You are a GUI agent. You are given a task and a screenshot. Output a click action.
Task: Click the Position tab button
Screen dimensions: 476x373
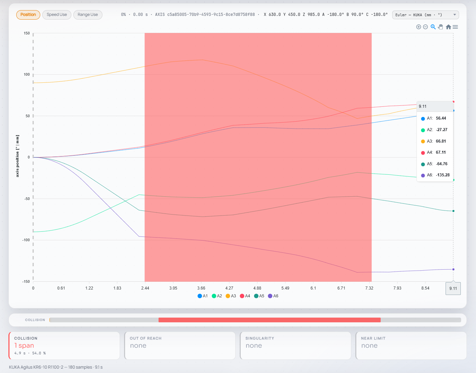(x=28, y=15)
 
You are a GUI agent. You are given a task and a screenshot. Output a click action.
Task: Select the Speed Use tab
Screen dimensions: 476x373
(x=57, y=15)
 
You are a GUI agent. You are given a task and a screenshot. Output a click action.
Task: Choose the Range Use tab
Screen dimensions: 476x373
(x=88, y=15)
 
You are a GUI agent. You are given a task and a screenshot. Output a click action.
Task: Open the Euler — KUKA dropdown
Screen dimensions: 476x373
(x=425, y=15)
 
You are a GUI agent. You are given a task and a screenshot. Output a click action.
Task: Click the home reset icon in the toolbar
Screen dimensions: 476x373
(x=448, y=27)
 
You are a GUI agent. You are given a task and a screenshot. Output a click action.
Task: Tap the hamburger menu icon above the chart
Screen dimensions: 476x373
(x=455, y=27)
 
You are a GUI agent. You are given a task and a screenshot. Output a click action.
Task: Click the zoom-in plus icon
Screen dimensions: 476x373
(x=419, y=27)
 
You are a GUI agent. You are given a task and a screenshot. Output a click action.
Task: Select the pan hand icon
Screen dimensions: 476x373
(x=441, y=27)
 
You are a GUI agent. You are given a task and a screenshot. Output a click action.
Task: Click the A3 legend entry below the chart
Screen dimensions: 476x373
(x=231, y=296)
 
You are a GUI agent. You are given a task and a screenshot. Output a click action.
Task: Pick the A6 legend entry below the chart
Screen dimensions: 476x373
(x=273, y=296)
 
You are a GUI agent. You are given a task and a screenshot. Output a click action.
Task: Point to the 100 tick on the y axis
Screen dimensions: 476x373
(x=27, y=74)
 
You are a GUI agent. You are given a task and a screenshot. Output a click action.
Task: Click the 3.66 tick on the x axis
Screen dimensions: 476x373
(x=201, y=288)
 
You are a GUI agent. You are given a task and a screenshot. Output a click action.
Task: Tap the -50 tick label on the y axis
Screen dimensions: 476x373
(x=26, y=199)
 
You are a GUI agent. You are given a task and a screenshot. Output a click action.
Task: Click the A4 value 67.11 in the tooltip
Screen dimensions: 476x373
(x=441, y=152)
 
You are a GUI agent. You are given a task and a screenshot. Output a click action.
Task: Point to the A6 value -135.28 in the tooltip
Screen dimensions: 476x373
(x=443, y=175)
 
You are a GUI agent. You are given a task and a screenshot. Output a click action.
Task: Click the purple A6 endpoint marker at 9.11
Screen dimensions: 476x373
(x=453, y=269)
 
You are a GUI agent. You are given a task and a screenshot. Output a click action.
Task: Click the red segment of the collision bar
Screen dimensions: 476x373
(x=269, y=320)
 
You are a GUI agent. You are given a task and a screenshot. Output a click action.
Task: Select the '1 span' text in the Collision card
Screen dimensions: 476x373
(x=24, y=345)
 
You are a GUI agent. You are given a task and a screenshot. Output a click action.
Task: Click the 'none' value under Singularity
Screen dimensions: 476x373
(x=254, y=346)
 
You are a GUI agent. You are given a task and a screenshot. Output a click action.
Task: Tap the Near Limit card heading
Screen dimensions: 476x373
(x=373, y=338)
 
